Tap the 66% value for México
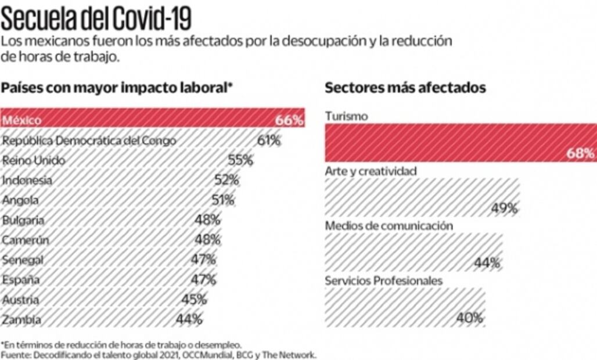tap(289, 121)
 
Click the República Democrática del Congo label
tap(89, 141)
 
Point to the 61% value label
tap(269, 141)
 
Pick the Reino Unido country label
tap(34, 160)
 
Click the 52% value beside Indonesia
tap(226, 181)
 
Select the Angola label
tap(21, 200)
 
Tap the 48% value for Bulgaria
tap(207, 220)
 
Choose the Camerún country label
tap(26, 240)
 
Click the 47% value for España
tap(203, 279)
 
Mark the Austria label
tap(21, 300)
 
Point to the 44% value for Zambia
tap(189, 319)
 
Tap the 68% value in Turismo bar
tap(581, 154)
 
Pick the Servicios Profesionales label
tap(384, 281)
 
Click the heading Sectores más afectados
tap(405, 88)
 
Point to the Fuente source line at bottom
tap(159, 354)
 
